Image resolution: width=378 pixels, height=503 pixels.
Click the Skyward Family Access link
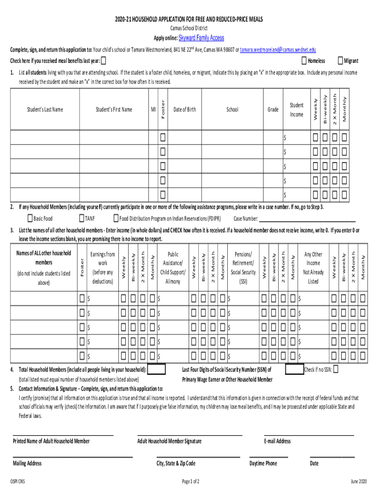201,38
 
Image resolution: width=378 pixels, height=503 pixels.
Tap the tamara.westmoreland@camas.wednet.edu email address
278,50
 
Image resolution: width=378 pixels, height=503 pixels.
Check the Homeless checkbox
303,60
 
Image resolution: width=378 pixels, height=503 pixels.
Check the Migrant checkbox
340,60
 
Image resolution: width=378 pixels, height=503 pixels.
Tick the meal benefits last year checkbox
103,61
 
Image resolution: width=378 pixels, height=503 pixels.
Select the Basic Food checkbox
30,218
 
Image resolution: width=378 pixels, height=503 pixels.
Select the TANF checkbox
81,218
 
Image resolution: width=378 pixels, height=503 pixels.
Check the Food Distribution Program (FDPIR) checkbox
116,218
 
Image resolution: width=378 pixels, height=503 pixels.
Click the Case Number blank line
307,219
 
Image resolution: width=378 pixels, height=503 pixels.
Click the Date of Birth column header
185,110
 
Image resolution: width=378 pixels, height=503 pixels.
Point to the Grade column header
273,110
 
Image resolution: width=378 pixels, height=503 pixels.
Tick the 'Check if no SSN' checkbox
336,369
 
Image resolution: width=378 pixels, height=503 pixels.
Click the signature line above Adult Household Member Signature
189,434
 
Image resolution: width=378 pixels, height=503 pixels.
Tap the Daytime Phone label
263,463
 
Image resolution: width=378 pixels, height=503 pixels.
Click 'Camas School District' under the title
189,28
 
